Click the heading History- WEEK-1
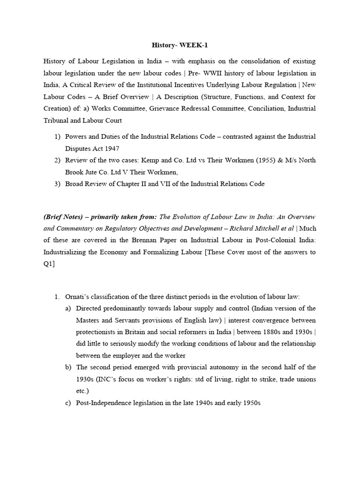[x=180, y=45]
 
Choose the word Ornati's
[x=78, y=297]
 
